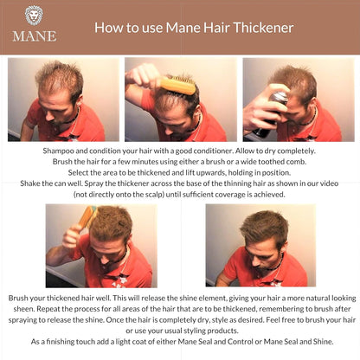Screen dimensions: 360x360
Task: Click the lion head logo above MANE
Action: point(34,15)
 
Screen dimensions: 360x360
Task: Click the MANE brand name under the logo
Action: point(34,35)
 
